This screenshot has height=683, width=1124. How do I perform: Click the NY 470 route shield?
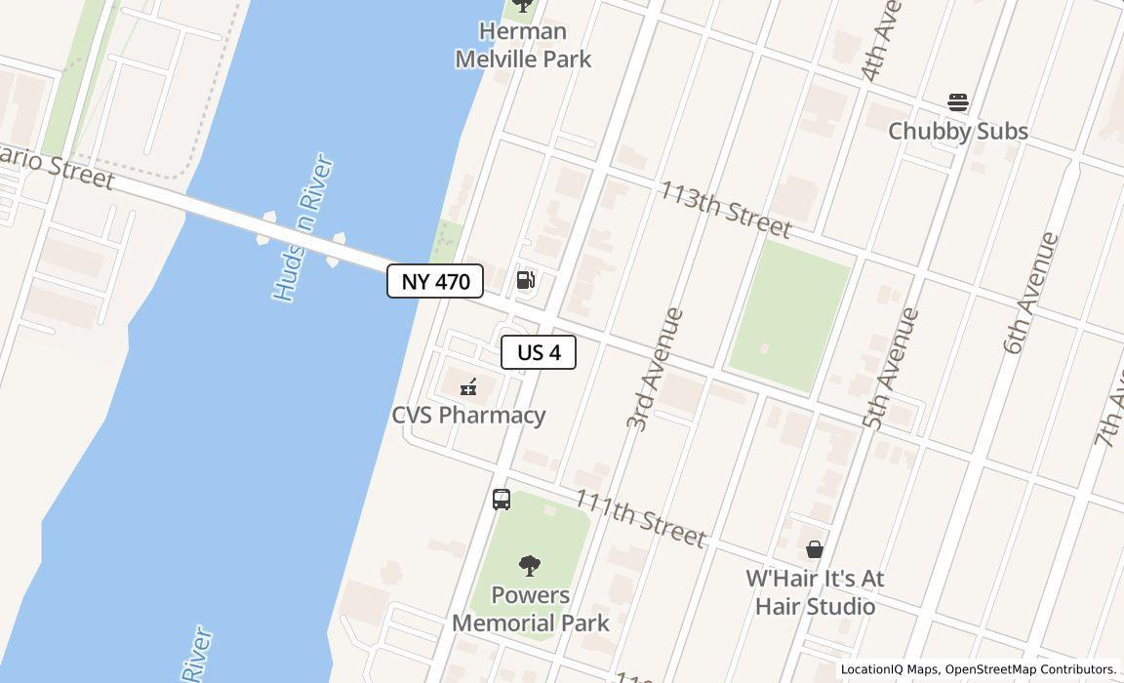click(435, 281)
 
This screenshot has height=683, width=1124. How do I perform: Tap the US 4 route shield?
click(539, 352)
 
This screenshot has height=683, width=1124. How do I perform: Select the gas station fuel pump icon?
click(525, 281)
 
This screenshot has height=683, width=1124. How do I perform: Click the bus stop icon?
click(502, 500)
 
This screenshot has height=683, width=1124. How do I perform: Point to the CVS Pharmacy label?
click(468, 415)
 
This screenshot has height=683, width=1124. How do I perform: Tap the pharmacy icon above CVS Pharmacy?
click(469, 387)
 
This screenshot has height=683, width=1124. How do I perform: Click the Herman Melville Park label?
click(523, 45)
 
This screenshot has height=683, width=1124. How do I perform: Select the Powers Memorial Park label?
click(531, 609)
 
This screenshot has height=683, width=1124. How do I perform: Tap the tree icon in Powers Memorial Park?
click(530, 566)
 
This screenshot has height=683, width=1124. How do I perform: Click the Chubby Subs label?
click(957, 131)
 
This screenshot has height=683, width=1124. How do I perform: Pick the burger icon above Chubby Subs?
click(957, 102)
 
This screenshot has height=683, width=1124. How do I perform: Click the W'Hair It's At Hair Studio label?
click(815, 592)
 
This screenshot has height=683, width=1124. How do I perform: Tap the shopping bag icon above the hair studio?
click(815, 549)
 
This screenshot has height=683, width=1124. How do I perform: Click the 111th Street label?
click(639, 517)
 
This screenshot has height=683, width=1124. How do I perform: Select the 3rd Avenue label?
click(655, 369)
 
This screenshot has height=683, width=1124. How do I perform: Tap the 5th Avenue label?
click(891, 369)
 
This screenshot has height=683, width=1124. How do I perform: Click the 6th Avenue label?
click(1030, 293)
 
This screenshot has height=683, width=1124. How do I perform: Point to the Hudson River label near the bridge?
click(302, 227)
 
